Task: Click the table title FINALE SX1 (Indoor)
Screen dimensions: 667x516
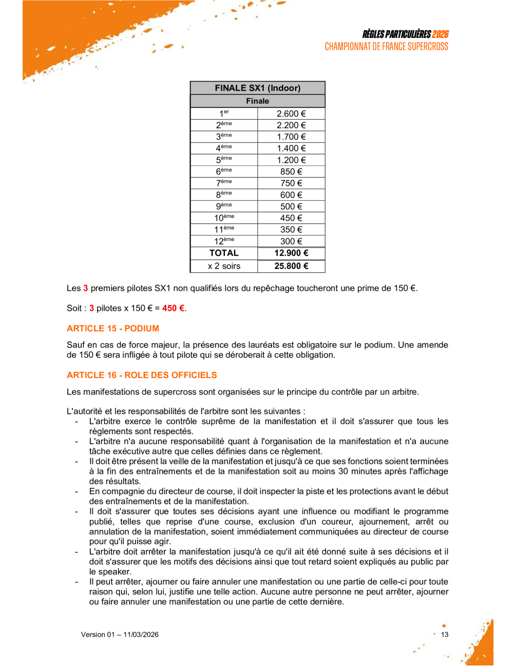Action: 257,88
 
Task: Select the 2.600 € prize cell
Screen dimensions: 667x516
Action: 291,114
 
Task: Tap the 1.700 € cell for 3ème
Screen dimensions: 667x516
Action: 291,137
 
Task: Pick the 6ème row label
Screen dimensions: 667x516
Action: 224,172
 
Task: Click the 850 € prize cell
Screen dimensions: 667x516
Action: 291,172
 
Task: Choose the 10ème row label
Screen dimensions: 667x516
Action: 224,218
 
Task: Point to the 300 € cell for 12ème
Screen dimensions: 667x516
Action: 291,241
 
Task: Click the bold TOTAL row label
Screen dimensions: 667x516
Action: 224,253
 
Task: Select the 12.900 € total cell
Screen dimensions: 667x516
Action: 291,253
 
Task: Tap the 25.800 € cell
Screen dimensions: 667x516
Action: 291,266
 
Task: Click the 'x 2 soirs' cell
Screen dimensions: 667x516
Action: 224,266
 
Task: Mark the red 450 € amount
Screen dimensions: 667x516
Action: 173,308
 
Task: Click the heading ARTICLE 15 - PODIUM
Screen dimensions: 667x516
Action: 113,328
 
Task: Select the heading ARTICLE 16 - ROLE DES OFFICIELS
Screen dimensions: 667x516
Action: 142,375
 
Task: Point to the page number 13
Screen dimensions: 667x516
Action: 445,635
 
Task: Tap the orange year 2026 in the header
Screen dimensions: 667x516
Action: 440,34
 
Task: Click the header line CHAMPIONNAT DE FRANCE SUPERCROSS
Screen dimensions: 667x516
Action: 386,47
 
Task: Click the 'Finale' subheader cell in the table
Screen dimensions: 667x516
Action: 257,101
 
